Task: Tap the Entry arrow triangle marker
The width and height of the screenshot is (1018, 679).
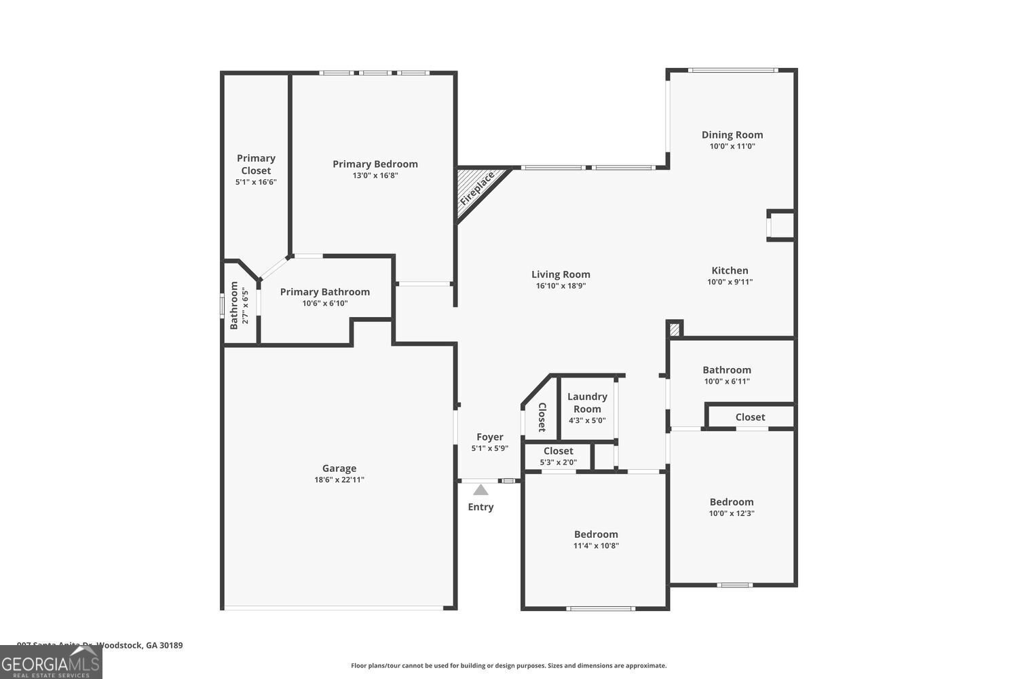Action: [480, 490]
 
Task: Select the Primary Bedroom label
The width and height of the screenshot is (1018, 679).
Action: [375, 164]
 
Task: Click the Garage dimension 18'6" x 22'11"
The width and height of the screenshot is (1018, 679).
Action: [339, 480]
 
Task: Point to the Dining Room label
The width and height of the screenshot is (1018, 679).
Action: [732, 134]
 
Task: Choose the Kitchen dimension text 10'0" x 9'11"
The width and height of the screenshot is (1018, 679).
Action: [730, 282]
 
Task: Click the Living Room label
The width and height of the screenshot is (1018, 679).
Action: [561, 274]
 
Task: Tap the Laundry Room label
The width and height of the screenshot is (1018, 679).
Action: [587, 403]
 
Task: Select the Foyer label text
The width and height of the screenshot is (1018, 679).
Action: [489, 437]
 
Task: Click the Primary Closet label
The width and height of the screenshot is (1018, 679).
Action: [256, 164]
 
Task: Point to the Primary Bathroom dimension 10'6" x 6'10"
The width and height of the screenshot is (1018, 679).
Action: [325, 304]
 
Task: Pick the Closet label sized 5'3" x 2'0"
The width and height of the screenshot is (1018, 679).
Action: [558, 451]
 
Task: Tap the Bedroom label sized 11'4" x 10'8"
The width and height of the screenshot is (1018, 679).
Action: [596, 534]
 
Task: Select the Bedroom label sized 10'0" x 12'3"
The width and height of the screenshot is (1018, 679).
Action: [732, 502]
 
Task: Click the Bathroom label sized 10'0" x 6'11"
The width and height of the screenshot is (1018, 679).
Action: [727, 370]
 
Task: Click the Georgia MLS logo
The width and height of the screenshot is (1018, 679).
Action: [51, 663]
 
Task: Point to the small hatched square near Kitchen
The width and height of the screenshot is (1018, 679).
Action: [674, 329]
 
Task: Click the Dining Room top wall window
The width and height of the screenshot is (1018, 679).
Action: [732, 70]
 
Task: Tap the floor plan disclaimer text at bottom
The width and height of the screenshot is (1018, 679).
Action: [508, 666]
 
